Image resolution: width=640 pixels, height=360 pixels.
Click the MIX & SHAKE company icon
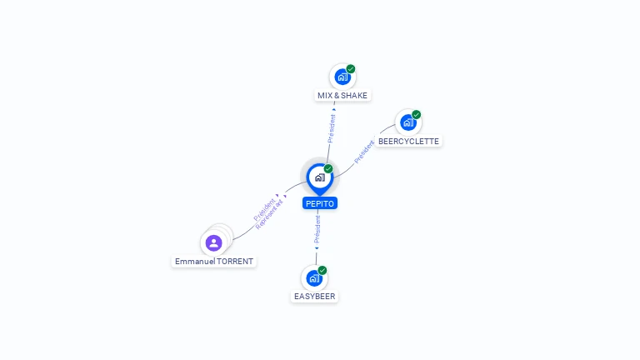[342, 77]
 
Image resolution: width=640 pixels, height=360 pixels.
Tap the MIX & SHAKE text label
[342, 96]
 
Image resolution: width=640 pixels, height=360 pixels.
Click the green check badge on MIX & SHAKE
[351, 69]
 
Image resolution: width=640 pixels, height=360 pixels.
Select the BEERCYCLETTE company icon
[407, 122]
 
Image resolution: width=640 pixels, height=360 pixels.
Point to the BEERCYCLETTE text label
[408, 142]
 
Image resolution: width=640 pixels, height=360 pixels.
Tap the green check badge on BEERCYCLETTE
[417, 115]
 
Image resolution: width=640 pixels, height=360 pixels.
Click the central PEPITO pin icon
[319, 177]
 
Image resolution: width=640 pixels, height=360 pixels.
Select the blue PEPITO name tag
[320, 203]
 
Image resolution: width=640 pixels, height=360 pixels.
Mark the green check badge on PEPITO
[328, 169]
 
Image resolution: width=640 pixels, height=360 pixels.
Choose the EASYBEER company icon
[313, 277]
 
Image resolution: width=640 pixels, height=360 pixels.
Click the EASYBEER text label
[315, 297]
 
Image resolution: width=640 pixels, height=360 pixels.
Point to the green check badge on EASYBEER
[322, 270]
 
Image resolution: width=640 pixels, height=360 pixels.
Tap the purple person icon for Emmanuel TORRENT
[214, 242]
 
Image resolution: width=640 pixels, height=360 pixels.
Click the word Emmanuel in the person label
[193, 262]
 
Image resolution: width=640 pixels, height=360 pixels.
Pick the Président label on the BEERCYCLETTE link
[364, 152]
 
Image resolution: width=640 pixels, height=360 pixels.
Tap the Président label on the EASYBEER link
[317, 229]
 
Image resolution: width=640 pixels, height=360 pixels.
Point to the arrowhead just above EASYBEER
[317, 248]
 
